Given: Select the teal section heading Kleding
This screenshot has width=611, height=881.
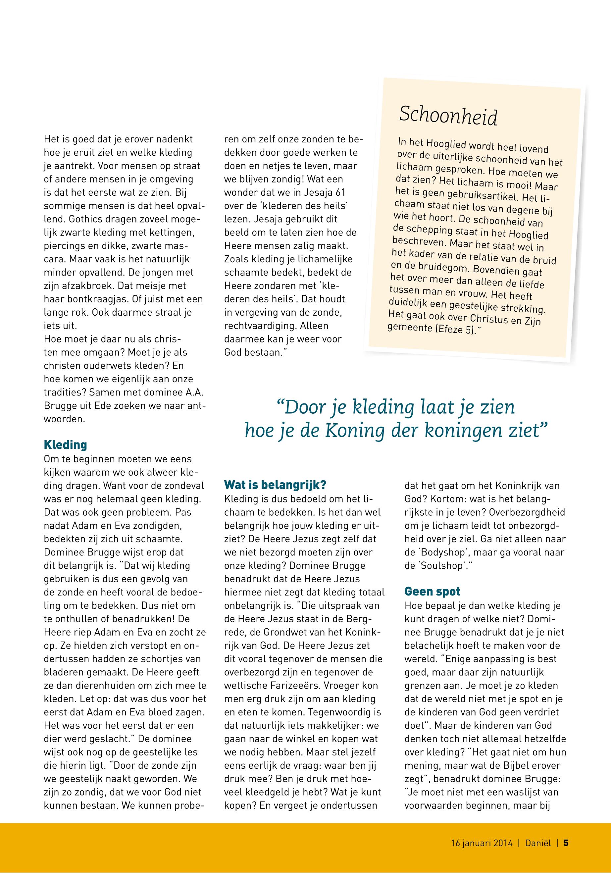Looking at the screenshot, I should click(66, 445).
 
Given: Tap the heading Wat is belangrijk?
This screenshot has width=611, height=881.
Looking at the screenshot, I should click(275, 486).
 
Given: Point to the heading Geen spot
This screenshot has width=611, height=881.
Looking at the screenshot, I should click(432, 592).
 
